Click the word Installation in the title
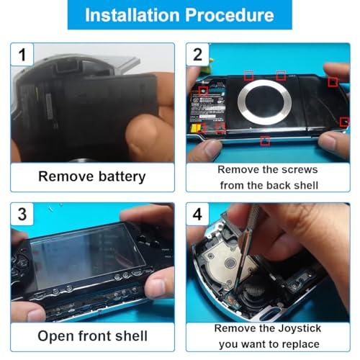[132, 15]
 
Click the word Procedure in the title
[230, 15]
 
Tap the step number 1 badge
[22, 55]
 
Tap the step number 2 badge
[197, 55]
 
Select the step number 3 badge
[22, 214]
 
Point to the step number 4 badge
[197, 214]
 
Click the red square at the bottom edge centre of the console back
[265, 140]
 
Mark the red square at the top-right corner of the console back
[333, 82]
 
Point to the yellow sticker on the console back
[195, 128]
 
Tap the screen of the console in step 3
[88, 257]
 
